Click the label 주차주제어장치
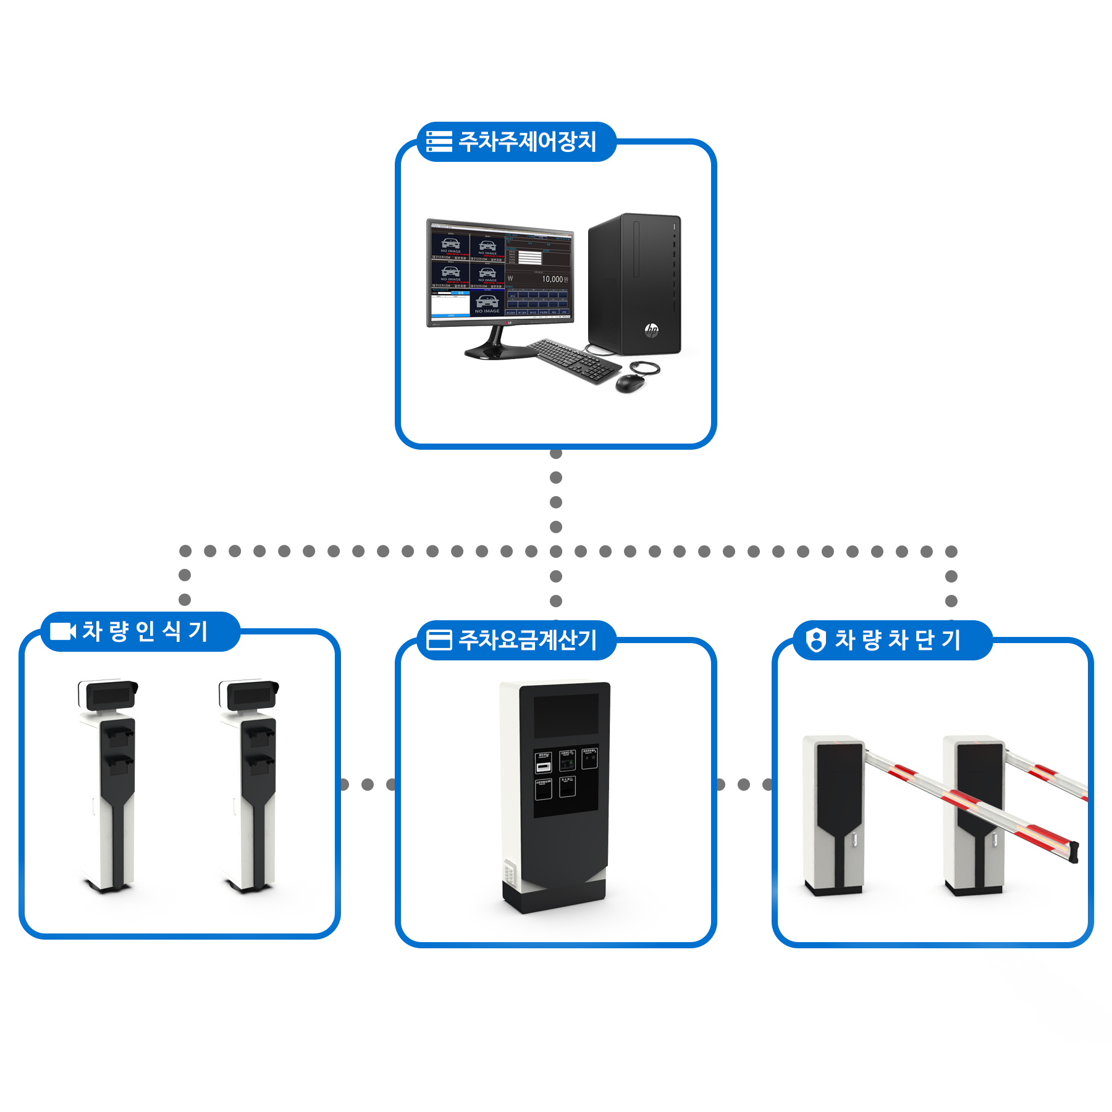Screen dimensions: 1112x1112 pyautogui.click(x=527, y=141)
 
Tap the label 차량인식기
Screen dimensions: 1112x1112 pyautogui.click(x=145, y=631)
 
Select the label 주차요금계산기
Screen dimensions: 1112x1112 pyautogui.click(x=527, y=640)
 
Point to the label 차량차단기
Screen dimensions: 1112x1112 pyautogui.click(x=897, y=640)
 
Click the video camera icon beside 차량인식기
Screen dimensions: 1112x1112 pyautogui.click(x=62, y=631)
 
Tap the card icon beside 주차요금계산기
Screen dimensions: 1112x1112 pyautogui.click(x=439, y=640)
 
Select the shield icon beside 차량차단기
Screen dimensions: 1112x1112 pyautogui.click(x=816, y=640)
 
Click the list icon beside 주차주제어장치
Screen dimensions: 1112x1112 pyautogui.click(x=439, y=141)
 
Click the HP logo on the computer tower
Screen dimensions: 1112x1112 pyautogui.click(x=651, y=330)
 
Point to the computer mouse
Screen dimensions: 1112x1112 pyautogui.click(x=630, y=383)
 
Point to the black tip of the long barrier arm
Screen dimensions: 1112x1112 pyautogui.click(x=1074, y=852)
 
